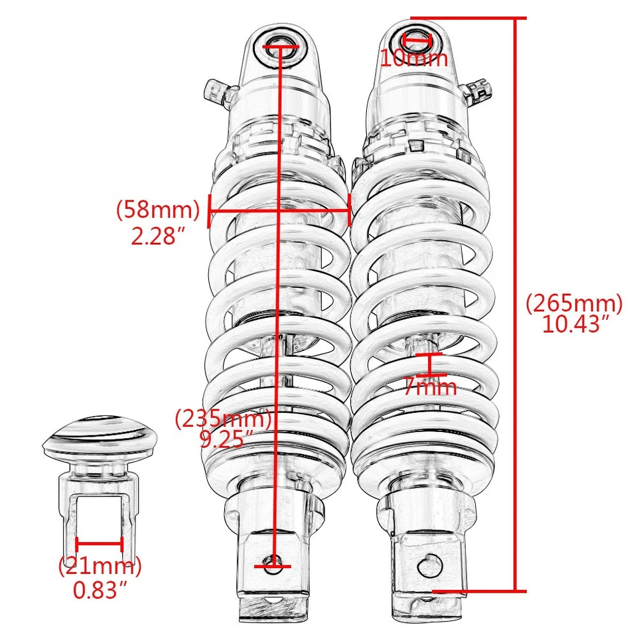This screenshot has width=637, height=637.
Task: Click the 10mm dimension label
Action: coord(414,58)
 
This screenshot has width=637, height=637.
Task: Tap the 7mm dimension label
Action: coord(431,387)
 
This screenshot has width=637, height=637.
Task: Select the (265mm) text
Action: coord(574,304)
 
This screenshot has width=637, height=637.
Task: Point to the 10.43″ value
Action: coord(575,324)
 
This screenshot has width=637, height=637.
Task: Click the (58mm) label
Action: coord(158,210)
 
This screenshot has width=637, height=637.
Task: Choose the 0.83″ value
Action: coord(100,589)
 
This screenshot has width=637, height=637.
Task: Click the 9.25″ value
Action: coord(227,439)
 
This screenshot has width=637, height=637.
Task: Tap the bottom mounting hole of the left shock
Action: coord(273,566)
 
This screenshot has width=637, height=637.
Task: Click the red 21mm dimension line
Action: coord(100,545)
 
